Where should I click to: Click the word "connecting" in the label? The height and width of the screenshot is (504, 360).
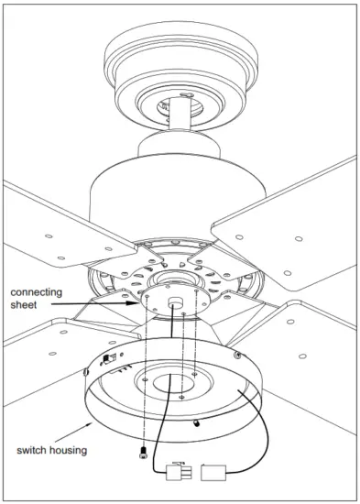pos(38,292)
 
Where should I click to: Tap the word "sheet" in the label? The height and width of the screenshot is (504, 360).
pos(25,307)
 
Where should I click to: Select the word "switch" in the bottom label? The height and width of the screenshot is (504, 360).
pos(38,450)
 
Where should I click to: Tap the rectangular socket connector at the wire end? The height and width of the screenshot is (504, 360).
pos(212,473)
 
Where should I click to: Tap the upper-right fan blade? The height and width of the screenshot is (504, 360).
pos(293,229)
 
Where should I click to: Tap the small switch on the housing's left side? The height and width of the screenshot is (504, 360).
pos(111,359)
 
